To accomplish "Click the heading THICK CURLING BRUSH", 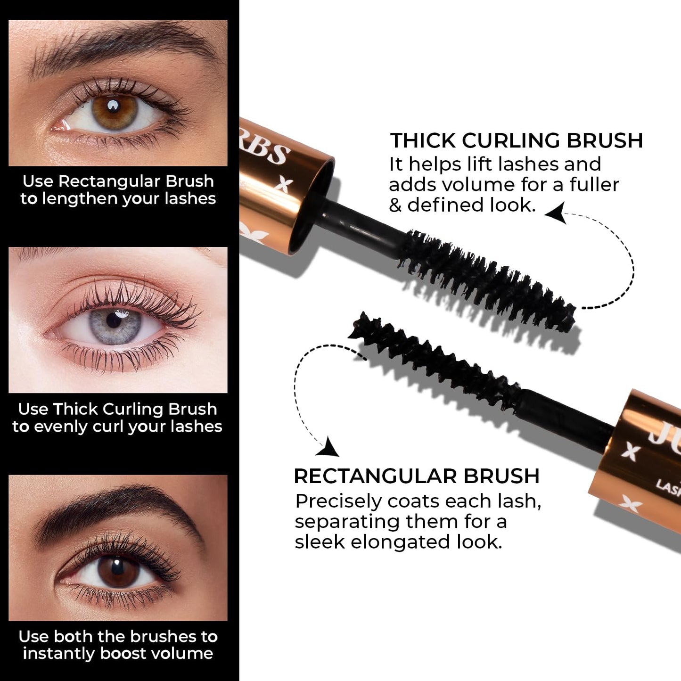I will (x=516, y=140).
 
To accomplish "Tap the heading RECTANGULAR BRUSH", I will (x=416, y=476).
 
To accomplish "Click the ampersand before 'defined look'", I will (x=395, y=205).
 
